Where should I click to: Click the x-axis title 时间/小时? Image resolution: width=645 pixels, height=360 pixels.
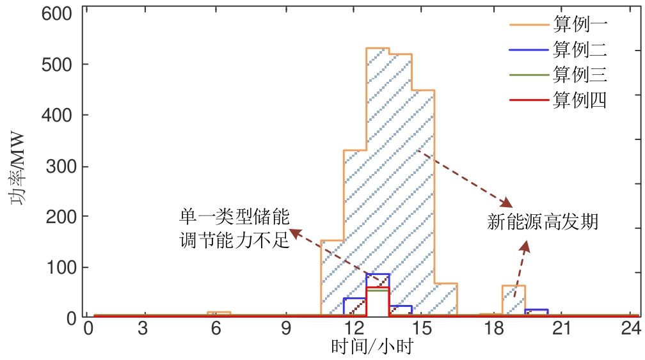point(371,347)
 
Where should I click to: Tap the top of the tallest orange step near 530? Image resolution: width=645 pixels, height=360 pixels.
point(378,48)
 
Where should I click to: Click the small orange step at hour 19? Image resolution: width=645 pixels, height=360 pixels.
point(513,286)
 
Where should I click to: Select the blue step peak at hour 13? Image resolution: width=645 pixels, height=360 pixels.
point(378,274)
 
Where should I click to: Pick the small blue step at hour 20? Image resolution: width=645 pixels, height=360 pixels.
point(536,310)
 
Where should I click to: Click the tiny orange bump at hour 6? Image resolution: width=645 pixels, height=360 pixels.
point(219,313)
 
